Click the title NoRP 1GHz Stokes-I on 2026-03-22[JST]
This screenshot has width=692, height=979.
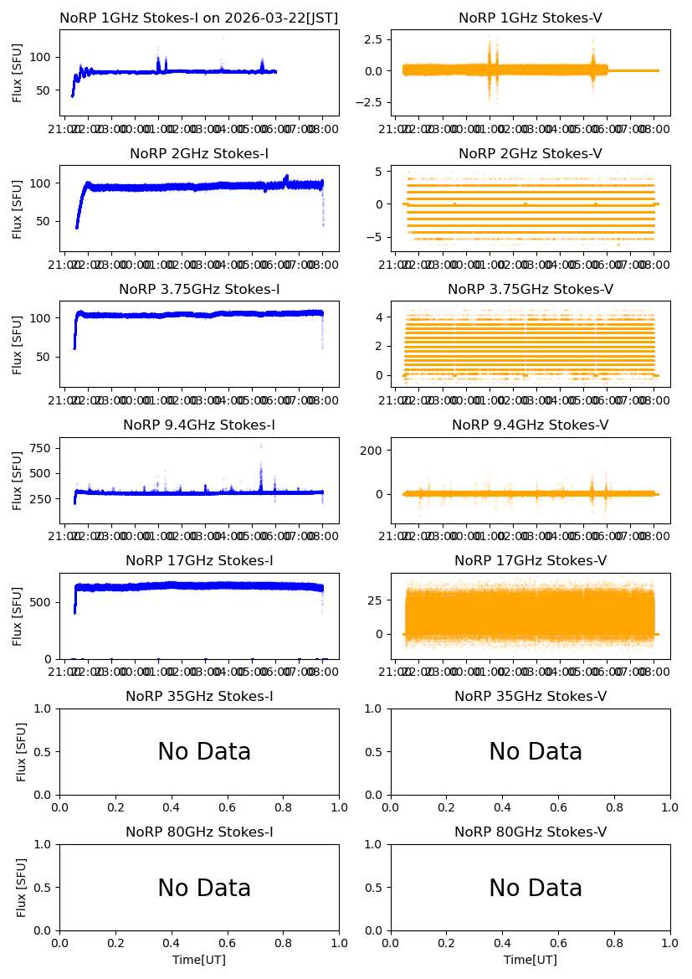(x=199, y=18)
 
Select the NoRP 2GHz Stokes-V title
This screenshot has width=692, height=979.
(x=530, y=154)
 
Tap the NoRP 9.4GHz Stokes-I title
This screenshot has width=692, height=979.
(x=199, y=425)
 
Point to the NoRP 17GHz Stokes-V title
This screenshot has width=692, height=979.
(x=530, y=561)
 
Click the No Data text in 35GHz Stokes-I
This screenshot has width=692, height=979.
(x=204, y=752)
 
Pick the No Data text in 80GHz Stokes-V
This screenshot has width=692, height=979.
(x=536, y=888)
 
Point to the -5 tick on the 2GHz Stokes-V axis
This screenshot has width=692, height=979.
(x=377, y=237)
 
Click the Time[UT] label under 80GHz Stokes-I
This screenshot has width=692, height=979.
(x=199, y=960)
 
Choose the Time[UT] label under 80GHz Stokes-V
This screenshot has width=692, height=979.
(x=531, y=960)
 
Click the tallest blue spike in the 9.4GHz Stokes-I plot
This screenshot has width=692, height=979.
(x=260, y=446)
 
